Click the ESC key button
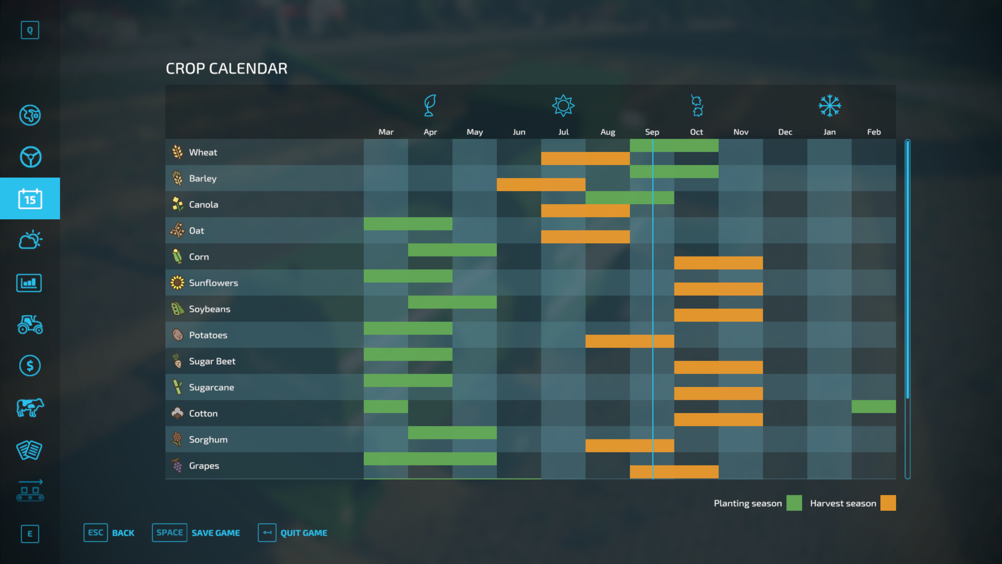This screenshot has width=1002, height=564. pyautogui.click(x=96, y=533)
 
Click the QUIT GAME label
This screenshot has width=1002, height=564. pyautogui.click(x=304, y=533)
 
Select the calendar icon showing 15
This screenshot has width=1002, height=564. pyautogui.click(x=30, y=199)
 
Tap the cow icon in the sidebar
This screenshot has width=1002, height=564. pyautogui.click(x=30, y=408)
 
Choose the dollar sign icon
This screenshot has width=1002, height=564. pyautogui.click(x=30, y=366)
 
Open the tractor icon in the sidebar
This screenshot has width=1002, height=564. pyautogui.click(x=30, y=324)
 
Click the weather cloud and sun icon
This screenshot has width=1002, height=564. pyautogui.click(x=30, y=240)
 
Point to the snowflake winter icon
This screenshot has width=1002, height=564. pyautogui.click(x=829, y=106)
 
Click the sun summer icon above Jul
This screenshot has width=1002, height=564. pyautogui.click(x=563, y=106)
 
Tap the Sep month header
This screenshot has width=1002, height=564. pyautogui.click(x=652, y=132)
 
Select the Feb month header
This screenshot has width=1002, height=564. pyautogui.click(x=874, y=132)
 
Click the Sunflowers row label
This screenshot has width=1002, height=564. pyautogui.click(x=213, y=283)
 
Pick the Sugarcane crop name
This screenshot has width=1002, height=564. pyautogui.click(x=211, y=387)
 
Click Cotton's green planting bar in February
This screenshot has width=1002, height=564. pyautogui.click(x=874, y=407)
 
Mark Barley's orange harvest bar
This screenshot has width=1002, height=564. pyautogui.click(x=541, y=184)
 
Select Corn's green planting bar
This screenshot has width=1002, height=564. pyautogui.click(x=452, y=250)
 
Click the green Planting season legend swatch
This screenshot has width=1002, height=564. pyautogui.click(x=794, y=503)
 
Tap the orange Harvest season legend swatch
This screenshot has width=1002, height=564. pyautogui.click(x=888, y=503)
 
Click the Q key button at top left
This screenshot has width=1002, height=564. pyautogui.click(x=30, y=30)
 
